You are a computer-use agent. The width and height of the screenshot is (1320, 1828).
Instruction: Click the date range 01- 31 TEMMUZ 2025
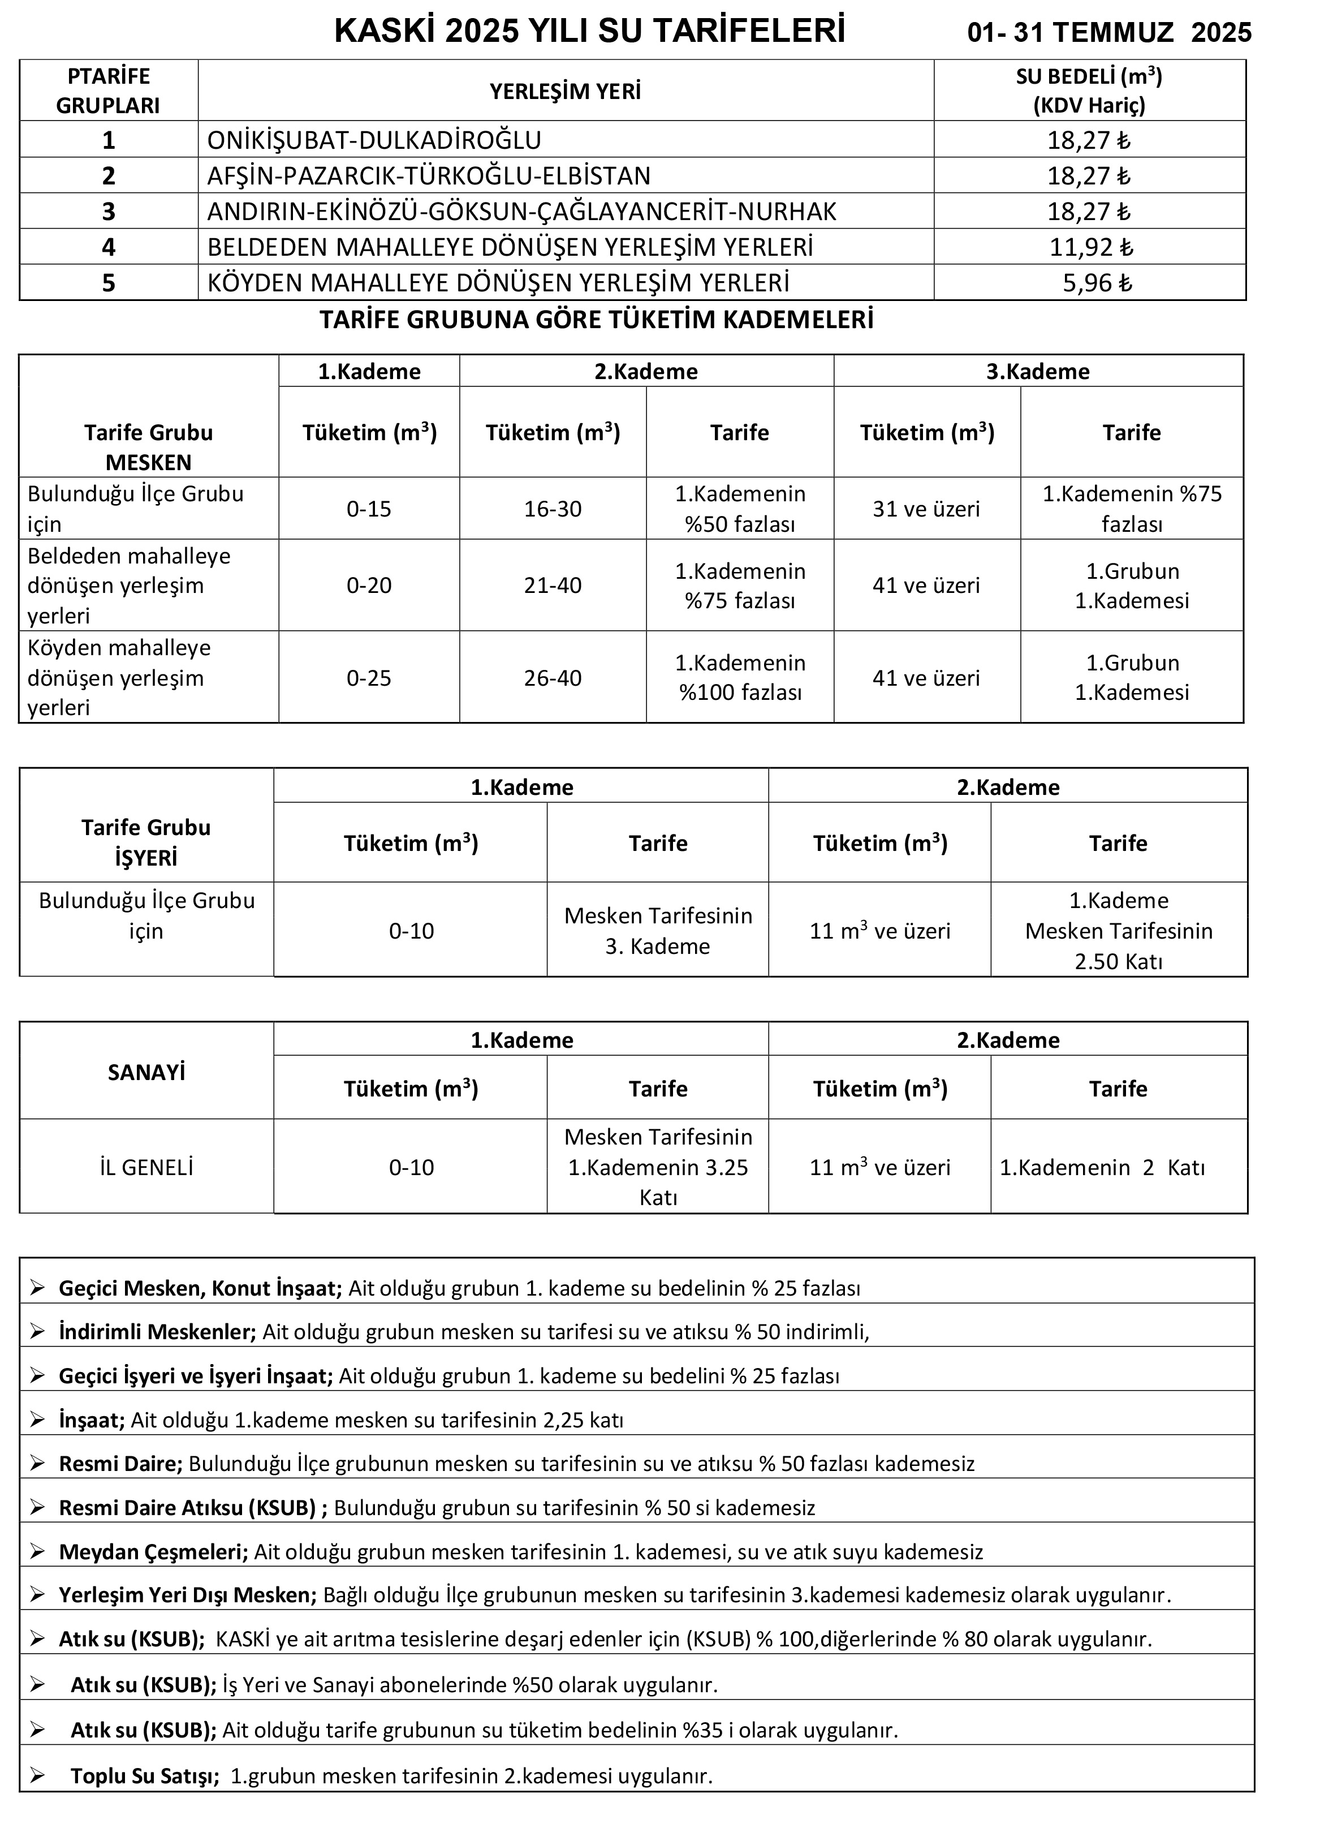click(x=1109, y=32)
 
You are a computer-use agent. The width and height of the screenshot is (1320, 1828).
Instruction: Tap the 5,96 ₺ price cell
click(x=1097, y=283)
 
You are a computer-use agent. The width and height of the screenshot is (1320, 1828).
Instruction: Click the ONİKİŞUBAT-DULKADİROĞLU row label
click(x=374, y=140)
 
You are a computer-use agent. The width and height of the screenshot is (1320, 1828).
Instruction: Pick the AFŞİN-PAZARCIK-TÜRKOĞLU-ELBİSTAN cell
click(x=429, y=176)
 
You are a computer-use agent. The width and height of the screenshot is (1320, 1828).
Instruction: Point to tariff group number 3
click(x=109, y=211)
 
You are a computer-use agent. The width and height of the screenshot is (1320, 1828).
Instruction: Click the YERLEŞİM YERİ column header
click(x=565, y=91)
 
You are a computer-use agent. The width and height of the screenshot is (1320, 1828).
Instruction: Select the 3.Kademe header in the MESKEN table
click(x=1037, y=372)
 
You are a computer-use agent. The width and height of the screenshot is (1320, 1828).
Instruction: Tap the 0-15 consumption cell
click(x=369, y=509)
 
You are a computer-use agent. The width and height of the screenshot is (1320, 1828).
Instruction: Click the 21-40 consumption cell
click(x=553, y=585)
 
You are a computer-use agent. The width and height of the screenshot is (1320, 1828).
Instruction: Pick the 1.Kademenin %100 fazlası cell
click(x=740, y=677)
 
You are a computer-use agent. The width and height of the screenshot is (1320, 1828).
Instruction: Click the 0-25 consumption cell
click(x=369, y=678)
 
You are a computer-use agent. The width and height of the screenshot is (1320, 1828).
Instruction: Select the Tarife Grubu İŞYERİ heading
click(x=146, y=842)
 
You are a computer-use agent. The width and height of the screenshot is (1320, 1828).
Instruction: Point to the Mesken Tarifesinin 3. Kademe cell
click(x=658, y=930)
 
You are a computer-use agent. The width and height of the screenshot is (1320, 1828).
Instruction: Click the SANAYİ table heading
click(x=146, y=1072)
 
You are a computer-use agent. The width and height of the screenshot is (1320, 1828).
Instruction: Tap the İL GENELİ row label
click(x=146, y=1167)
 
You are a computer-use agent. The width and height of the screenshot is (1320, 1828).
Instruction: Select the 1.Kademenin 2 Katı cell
click(x=1102, y=1167)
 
